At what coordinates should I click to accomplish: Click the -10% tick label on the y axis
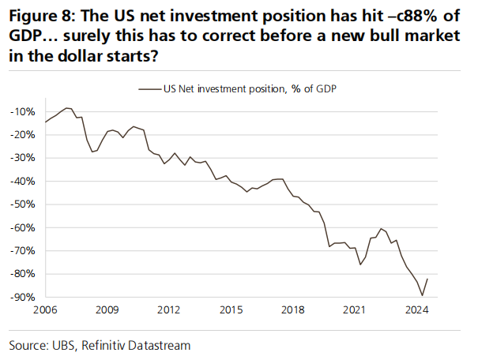(24, 111)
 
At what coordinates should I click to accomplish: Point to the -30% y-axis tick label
(24, 158)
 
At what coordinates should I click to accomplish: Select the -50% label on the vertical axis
(24, 204)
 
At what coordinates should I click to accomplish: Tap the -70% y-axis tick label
(24, 251)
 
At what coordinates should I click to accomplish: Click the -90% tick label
(24, 297)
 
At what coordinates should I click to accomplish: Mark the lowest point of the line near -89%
(423, 296)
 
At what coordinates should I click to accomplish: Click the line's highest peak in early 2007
(67, 107)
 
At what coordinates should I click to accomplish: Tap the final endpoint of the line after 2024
(428, 278)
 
